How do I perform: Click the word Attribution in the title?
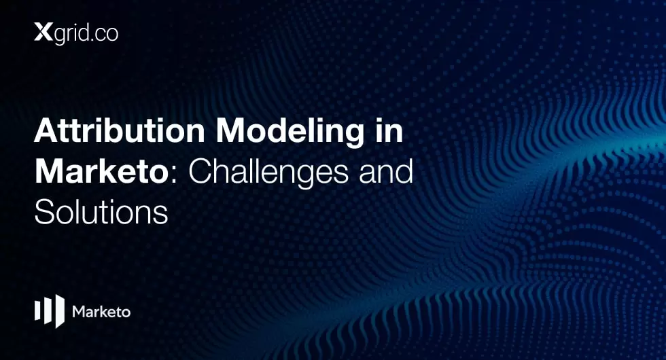pos(120,130)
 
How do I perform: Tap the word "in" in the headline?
pos(389,130)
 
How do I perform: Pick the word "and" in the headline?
pos(386,171)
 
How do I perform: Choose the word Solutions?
pos(101,211)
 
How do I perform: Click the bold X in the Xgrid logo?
pos(43,33)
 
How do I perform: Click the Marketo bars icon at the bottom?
pos(49,311)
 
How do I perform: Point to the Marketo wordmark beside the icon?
pos(101,312)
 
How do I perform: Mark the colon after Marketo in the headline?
pos(174,176)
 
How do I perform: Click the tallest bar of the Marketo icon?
pos(60,311)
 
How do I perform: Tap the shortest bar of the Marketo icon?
pos(37,311)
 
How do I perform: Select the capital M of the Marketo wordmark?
pos(79,312)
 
